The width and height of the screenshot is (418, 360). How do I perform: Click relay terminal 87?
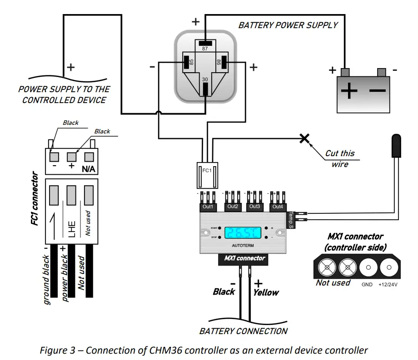(x=205, y=44)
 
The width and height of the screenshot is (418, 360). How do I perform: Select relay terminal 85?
(x=187, y=63)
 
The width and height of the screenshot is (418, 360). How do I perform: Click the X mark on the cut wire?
(x=304, y=138)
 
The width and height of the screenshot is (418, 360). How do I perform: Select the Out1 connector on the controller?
(x=209, y=207)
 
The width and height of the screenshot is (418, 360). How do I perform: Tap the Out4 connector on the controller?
(x=277, y=207)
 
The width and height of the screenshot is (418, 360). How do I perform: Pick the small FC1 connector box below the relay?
(x=207, y=174)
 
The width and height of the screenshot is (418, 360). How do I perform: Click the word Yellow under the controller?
(x=266, y=292)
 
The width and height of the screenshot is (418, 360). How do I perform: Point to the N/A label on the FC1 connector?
(x=88, y=169)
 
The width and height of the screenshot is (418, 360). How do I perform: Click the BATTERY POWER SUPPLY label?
(x=288, y=25)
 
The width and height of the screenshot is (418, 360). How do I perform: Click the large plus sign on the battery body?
(x=349, y=92)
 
